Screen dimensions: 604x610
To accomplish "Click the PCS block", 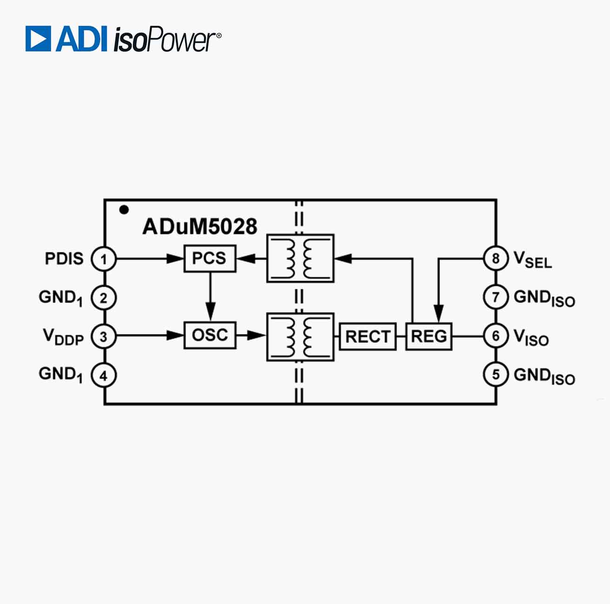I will pyautogui.click(x=210, y=258).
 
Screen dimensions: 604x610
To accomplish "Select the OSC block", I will pyautogui.click(x=210, y=335).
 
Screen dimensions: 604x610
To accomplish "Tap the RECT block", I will pyautogui.click(x=367, y=336).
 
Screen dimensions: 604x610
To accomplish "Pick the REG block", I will pyautogui.click(x=429, y=336).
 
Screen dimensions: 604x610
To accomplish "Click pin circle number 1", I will pyautogui.click(x=104, y=259).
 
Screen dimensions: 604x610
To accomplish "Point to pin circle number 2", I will pyautogui.click(x=104, y=298).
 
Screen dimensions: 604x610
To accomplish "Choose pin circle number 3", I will pyautogui.click(x=104, y=336).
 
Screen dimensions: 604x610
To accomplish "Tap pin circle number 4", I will pyautogui.click(x=104, y=375).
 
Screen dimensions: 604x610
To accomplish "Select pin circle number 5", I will pyautogui.click(x=496, y=374).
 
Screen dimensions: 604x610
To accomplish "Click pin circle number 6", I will pyautogui.click(x=496, y=335).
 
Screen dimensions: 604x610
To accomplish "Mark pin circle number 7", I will pyautogui.click(x=496, y=297).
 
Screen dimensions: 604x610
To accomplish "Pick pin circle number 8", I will pyautogui.click(x=496, y=258).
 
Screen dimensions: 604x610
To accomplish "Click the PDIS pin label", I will pyautogui.click(x=64, y=258).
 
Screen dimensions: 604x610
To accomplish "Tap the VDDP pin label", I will pyautogui.click(x=63, y=337).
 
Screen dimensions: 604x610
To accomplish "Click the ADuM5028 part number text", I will pyautogui.click(x=200, y=226).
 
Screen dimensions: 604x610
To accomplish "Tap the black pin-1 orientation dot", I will pyautogui.click(x=124, y=210).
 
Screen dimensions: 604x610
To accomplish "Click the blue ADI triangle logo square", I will pyautogui.click(x=38, y=39).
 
